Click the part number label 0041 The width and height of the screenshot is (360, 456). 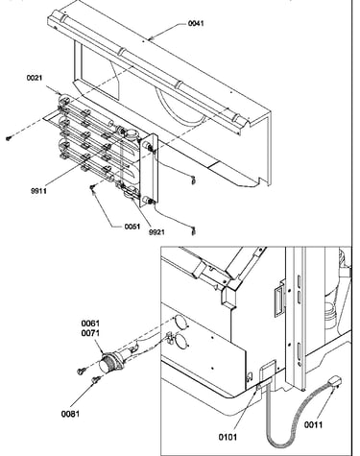196,23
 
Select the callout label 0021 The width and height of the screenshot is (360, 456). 35,78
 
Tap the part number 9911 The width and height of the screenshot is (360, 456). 38,191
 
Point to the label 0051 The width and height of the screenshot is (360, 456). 132,227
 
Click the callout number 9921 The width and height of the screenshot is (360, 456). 156,232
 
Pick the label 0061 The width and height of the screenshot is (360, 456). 90,324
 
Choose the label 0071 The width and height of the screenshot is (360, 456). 90,333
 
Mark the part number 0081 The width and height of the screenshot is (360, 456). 70,414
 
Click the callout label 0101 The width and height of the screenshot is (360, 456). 228,437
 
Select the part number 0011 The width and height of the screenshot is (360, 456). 313,424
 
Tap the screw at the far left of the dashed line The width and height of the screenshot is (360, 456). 9,138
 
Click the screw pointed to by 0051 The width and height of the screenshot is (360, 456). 92,187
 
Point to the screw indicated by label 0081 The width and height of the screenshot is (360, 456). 96,379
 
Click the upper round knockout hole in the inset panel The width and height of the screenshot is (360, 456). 180,322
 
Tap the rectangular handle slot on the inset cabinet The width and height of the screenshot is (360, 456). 278,301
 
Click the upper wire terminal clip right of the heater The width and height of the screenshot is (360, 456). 192,180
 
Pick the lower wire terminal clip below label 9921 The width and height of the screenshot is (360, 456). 193,231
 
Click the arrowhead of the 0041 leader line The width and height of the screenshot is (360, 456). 150,39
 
